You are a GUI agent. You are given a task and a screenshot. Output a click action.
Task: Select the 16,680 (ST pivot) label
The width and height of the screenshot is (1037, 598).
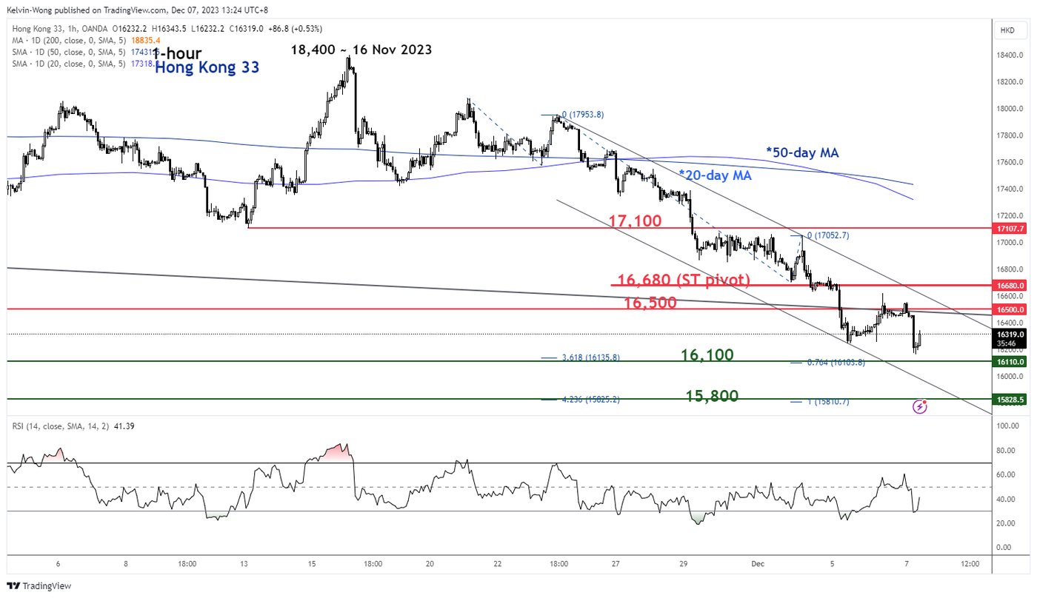click(x=684, y=280)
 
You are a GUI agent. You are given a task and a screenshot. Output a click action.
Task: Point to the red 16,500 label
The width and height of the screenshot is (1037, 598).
click(x=650, y=303)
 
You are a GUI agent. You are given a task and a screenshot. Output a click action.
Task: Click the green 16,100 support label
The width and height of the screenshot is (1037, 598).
click(x=707, y=355)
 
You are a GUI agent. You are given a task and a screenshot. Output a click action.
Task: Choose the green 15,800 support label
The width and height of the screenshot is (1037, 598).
click(x=712, y=396)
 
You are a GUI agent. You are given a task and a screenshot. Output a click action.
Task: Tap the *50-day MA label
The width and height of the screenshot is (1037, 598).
click(x=802, y=152)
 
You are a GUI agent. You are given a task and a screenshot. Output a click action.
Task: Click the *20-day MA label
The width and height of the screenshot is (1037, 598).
click(x=715, y=175)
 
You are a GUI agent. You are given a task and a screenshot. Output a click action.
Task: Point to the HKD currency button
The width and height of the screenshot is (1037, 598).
click(x=1007, y=30)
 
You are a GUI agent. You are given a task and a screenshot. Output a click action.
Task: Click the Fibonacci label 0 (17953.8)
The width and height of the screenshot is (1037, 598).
click(x=583, y=115)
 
